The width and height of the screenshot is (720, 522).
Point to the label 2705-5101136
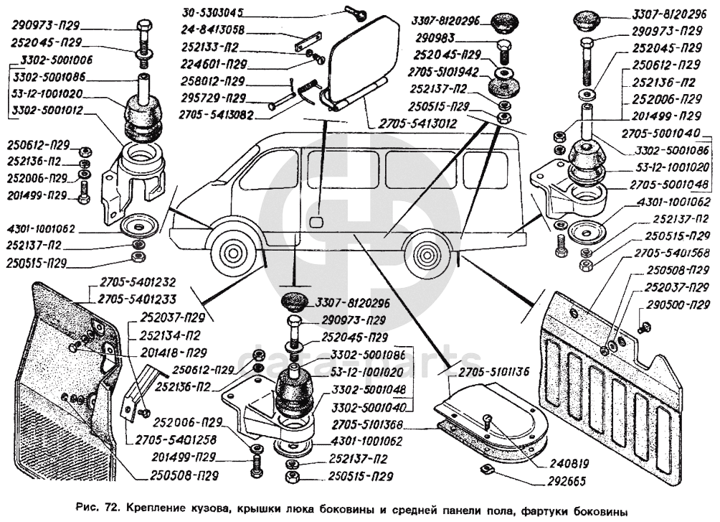coord(490,371)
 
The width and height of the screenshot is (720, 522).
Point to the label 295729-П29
coord(213,98)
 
